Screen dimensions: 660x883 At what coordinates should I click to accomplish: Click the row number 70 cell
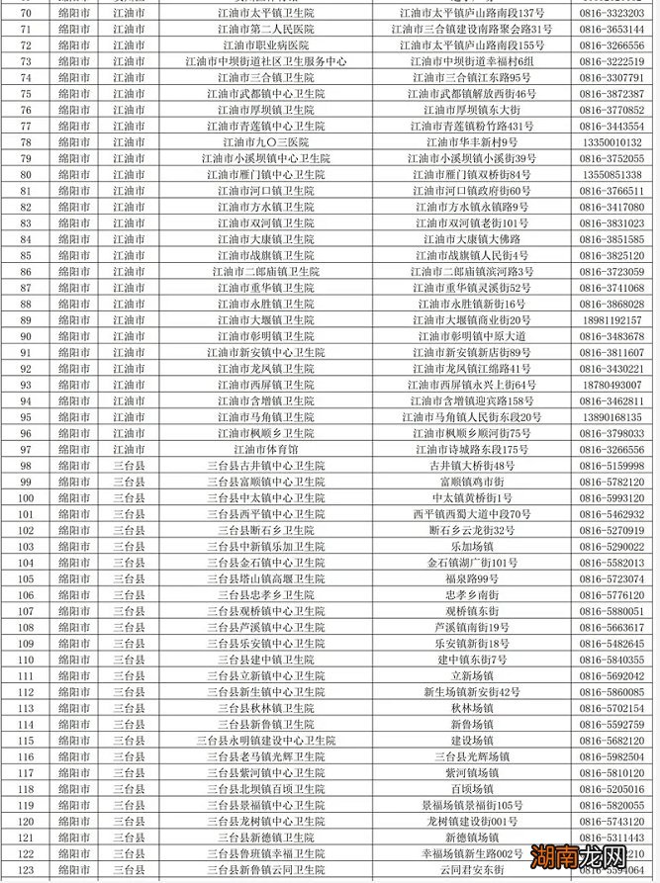tap(26, 13)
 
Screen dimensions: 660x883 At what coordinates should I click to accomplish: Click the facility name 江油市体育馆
tap(266, 450)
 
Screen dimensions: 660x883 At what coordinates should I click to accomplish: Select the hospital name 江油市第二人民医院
tap(266, 30)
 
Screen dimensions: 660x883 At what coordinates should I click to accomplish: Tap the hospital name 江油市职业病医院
tap(266, 45)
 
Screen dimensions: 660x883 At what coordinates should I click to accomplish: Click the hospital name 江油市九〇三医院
tap(266, 142)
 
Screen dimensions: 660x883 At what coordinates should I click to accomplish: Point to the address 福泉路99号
tap(472, 578)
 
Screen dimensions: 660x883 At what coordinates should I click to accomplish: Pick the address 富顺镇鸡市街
tap(472, 482)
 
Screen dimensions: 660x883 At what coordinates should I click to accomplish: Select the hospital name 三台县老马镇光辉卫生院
tap(266, 756)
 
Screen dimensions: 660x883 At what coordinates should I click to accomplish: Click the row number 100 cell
tap(26, 497)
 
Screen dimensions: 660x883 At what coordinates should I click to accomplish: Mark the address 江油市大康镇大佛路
tap(472, 239)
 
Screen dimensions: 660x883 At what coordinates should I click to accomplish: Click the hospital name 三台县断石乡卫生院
tap(266, 530)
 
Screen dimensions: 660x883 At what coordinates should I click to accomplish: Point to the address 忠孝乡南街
tap(472, 595)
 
